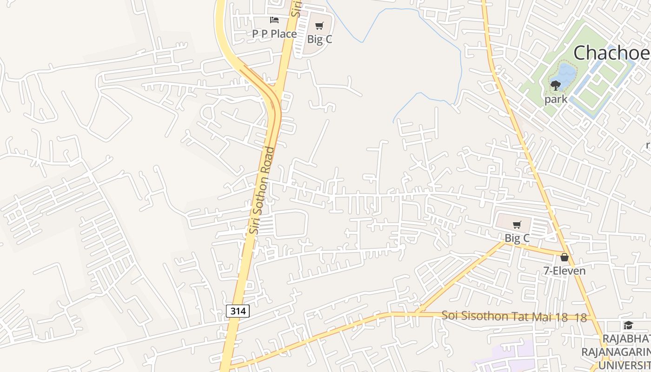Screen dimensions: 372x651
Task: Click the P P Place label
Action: (x=274, y=34)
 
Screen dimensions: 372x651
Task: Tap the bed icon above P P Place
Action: (x=274, y=20)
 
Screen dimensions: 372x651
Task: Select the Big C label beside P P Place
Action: (x=320, y=40)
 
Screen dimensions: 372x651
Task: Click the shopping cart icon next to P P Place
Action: (x=319, y=26)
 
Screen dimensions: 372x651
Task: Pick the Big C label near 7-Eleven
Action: (x=517, y=239)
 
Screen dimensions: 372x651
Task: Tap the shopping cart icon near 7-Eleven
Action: (x=517, y=225)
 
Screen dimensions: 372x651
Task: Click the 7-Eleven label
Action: (x=565, y=271)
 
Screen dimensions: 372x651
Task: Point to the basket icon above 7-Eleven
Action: (x=565, y=257)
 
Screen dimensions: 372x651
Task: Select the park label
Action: (x=556, y=99)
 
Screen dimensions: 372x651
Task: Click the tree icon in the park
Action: (x=556, y=85)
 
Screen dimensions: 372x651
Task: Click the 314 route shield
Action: (x=238, y=311)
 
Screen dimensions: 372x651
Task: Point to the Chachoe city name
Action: (x=611, y=53)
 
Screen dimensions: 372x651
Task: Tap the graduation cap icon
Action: (x=628, y=325)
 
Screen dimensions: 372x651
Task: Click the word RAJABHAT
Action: (x=626, y=339)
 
